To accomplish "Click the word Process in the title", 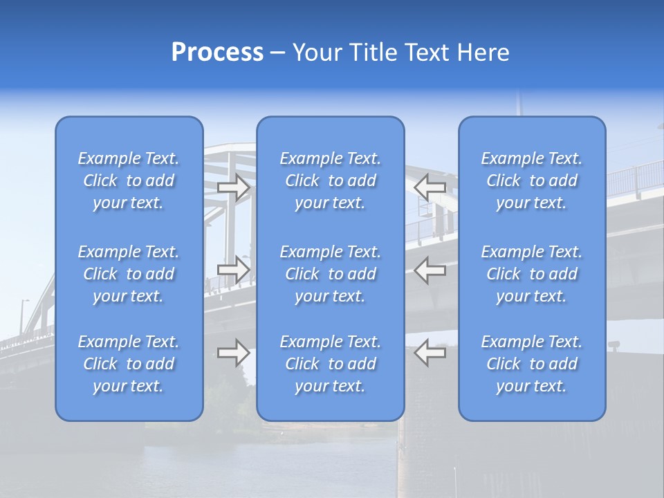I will tap(217, 53).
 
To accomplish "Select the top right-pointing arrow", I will tap(234, 187).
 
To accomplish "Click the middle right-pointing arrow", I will tap(234, 269).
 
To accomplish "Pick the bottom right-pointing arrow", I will tap(234, 353).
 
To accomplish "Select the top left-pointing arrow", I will tap(430, 187).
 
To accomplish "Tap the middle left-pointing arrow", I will tap(430, 269).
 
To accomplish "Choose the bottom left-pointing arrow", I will tap(430, 353).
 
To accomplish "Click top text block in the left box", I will tap(129, 181).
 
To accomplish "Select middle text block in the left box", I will tap(129, 274).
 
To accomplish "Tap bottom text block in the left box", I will tap(129, 364).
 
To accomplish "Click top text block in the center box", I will tap(331, 181).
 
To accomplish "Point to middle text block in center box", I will tap(331, 274).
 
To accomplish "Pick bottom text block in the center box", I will tap(331, 364).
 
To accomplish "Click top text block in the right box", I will tap(532, 181).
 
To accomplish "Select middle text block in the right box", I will tap(532, 274).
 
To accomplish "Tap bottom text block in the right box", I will tap(532, 364).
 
